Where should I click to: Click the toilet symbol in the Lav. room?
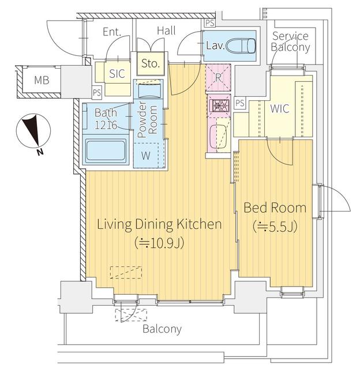tap(241, 46)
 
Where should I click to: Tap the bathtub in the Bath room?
tap(106, 150)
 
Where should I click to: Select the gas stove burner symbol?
tap(218, 105)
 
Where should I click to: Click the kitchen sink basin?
tap(218, 137)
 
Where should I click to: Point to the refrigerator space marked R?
tap(218, 77)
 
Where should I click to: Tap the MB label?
tap(42, 80)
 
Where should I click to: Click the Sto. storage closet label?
tap(151, 63)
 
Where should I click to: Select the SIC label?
tap(117, 74)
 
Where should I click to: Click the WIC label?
tap(280, 108)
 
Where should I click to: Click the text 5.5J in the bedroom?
tap(279, 226)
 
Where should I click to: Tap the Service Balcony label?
tap(290, 42)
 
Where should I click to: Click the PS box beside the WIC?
tap(240, 103)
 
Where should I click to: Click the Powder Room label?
tap(147, 119)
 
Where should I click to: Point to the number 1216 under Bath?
tap(106, 125)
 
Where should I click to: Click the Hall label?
tap(167, 31)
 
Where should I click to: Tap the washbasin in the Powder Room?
tap(149, 91)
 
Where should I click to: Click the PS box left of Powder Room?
tap(97, 92)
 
